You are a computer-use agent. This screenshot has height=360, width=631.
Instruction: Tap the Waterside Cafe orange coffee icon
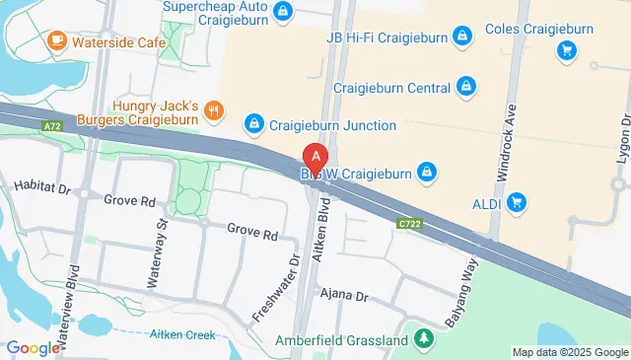tap(56, 41)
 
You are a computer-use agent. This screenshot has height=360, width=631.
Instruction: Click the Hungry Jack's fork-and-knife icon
tap(214, 109)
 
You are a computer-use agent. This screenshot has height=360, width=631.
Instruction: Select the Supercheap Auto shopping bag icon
tap(283, 11)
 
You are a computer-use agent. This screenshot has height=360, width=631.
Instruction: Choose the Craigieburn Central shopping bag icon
tap(468, 89)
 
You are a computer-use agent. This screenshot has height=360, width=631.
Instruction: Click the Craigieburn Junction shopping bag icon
tap(253, 124)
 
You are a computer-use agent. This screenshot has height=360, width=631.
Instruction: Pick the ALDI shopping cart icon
tap(517, 203)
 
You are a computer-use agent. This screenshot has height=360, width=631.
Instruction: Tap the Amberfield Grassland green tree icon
tap(424, 339)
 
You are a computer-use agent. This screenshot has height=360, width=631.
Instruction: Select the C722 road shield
tap(412, 224)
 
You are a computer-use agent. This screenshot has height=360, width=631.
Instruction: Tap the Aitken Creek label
tap(181, 335)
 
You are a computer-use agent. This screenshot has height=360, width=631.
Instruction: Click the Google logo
tap(34, 347)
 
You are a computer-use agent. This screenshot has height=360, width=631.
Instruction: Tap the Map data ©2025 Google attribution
tap(569, 352)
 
